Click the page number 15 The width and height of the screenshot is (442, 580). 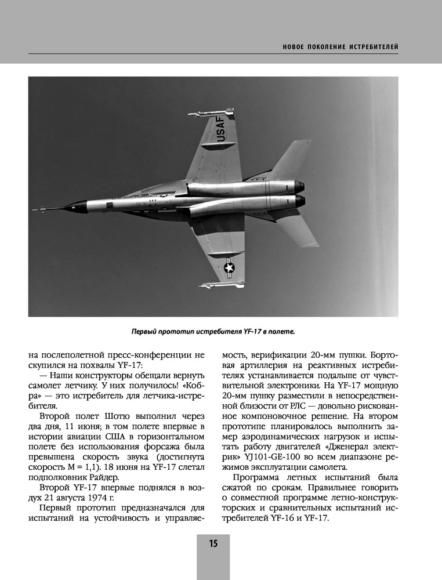(213, 543)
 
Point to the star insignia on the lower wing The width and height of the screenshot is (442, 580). (229, 266)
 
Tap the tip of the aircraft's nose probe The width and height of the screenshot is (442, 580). (34, 209)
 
